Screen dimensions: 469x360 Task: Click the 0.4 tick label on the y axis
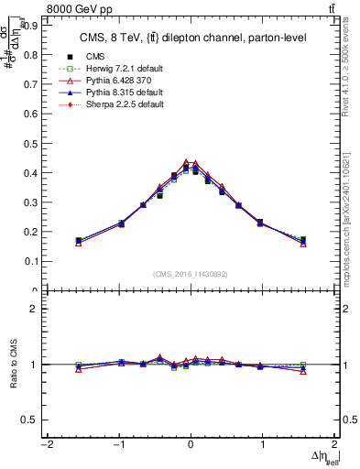tap(29, 173)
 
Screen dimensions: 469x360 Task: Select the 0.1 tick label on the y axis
tap(29, 261)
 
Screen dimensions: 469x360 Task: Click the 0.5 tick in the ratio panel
tap(28, 420)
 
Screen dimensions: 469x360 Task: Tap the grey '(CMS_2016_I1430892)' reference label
tap(191, 274)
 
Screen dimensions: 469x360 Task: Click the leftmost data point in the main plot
tap(79, 241)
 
